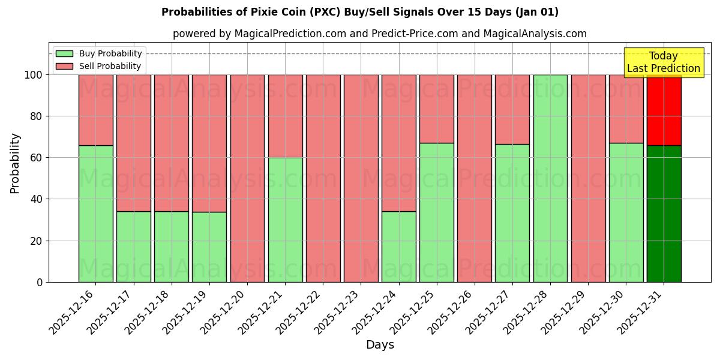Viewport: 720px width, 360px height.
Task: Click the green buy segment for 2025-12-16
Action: [x=95, y=214]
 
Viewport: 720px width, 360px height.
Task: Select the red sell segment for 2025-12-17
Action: [x=133, y=143]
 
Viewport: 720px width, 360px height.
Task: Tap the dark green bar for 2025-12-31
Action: [x=664, y=214]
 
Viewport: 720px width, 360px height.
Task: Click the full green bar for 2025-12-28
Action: [x=550, y=178]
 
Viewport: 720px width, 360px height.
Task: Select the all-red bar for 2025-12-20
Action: [x=247, y=178]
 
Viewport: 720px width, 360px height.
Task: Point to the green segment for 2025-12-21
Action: [x=285, y=220]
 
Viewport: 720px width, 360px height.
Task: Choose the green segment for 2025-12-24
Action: [x=398, y=247]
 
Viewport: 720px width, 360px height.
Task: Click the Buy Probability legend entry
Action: [x=99, y=54]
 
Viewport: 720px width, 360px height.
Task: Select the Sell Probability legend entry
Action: [x=99, y=66]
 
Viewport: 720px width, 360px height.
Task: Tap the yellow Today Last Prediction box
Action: [x=664, y=62]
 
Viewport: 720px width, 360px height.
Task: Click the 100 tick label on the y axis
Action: [x=33, y=75]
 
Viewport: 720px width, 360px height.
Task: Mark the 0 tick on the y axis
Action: [x=40, y=282]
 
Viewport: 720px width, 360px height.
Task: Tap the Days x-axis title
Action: [x=380, y=345]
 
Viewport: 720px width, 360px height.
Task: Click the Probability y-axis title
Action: [x=15, y=163]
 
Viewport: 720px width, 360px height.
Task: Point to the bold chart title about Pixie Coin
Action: [x=360, y=12]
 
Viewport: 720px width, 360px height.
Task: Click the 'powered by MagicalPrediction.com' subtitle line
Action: [x=380, y=34]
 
